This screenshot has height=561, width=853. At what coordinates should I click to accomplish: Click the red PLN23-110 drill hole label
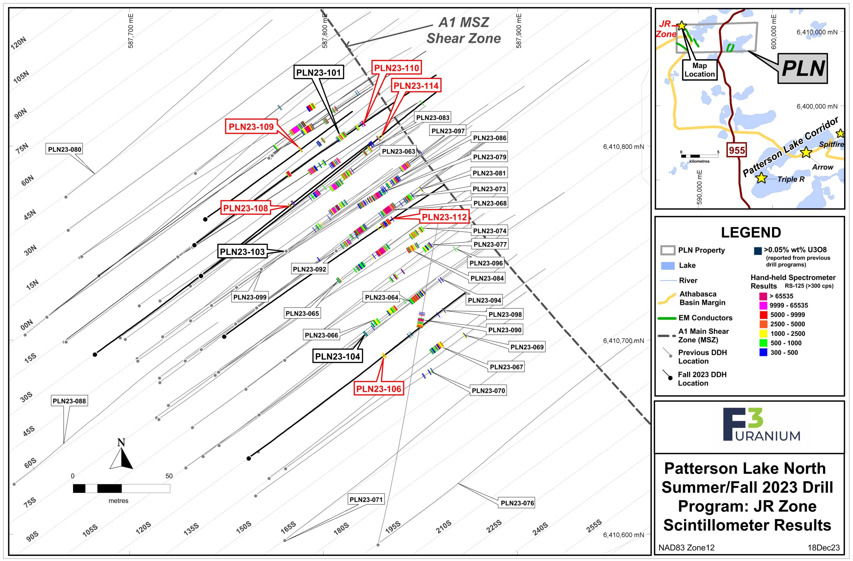[397, 68]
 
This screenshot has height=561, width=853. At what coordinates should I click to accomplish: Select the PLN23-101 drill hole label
[319, 73]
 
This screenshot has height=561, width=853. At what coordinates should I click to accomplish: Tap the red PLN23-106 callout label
[379, 389]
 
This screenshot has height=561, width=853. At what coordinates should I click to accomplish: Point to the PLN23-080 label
[65, 149]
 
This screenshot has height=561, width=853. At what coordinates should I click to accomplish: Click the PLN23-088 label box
[69, 401]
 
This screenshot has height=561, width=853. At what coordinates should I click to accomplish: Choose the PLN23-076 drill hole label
[517, 503]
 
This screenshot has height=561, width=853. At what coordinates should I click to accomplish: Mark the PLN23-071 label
[366, 499]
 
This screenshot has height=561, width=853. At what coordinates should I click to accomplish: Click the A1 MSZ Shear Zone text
[463, 30]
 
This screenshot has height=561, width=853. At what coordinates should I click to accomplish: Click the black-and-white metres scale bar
[121, 489]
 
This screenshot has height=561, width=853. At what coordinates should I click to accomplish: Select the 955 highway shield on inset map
[736, 150]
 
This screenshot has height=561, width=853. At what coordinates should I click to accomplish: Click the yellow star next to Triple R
[761, 178]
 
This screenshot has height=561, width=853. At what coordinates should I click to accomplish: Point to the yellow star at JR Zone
[681, 26]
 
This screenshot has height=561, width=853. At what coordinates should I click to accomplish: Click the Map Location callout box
[700, 70]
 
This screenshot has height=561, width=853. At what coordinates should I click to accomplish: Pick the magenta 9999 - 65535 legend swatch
[763, 305]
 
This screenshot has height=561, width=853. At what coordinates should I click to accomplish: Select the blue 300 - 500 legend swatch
[763, 352]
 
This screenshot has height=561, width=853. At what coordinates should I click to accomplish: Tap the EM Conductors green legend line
[667, 318]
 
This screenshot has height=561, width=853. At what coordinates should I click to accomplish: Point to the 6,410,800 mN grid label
[624, 147]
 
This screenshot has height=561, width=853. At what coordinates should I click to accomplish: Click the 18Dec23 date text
[824, 548]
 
